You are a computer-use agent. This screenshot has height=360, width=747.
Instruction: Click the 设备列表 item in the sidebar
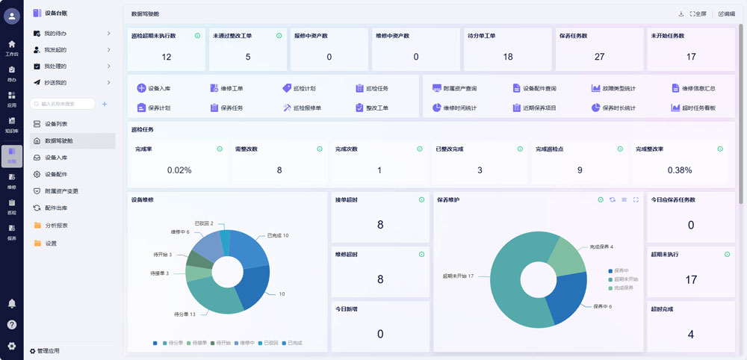click(55, 123)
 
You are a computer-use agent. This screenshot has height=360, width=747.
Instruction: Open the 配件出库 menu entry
click(55, 208)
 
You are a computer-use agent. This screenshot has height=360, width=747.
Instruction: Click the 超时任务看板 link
click(692, 108)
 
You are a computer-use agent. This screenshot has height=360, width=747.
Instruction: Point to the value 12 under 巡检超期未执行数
click(167, 57)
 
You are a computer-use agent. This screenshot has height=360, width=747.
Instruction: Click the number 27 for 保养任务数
click(599, 57)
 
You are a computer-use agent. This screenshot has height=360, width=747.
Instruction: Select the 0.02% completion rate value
click(179, 170)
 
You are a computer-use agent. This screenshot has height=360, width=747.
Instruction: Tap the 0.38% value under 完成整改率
click(679, 170)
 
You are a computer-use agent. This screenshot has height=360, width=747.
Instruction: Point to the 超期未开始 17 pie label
click(458, 276)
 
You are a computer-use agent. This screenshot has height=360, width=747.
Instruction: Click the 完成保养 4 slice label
click(601, 246)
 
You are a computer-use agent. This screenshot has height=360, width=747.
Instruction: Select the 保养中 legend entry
click(621, 270)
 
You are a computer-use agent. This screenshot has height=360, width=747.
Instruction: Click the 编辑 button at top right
click(726, 14)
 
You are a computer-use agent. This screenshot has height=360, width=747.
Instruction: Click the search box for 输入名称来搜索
click(63, 104)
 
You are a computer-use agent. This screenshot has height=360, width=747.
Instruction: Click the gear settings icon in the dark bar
click(11, 346)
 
